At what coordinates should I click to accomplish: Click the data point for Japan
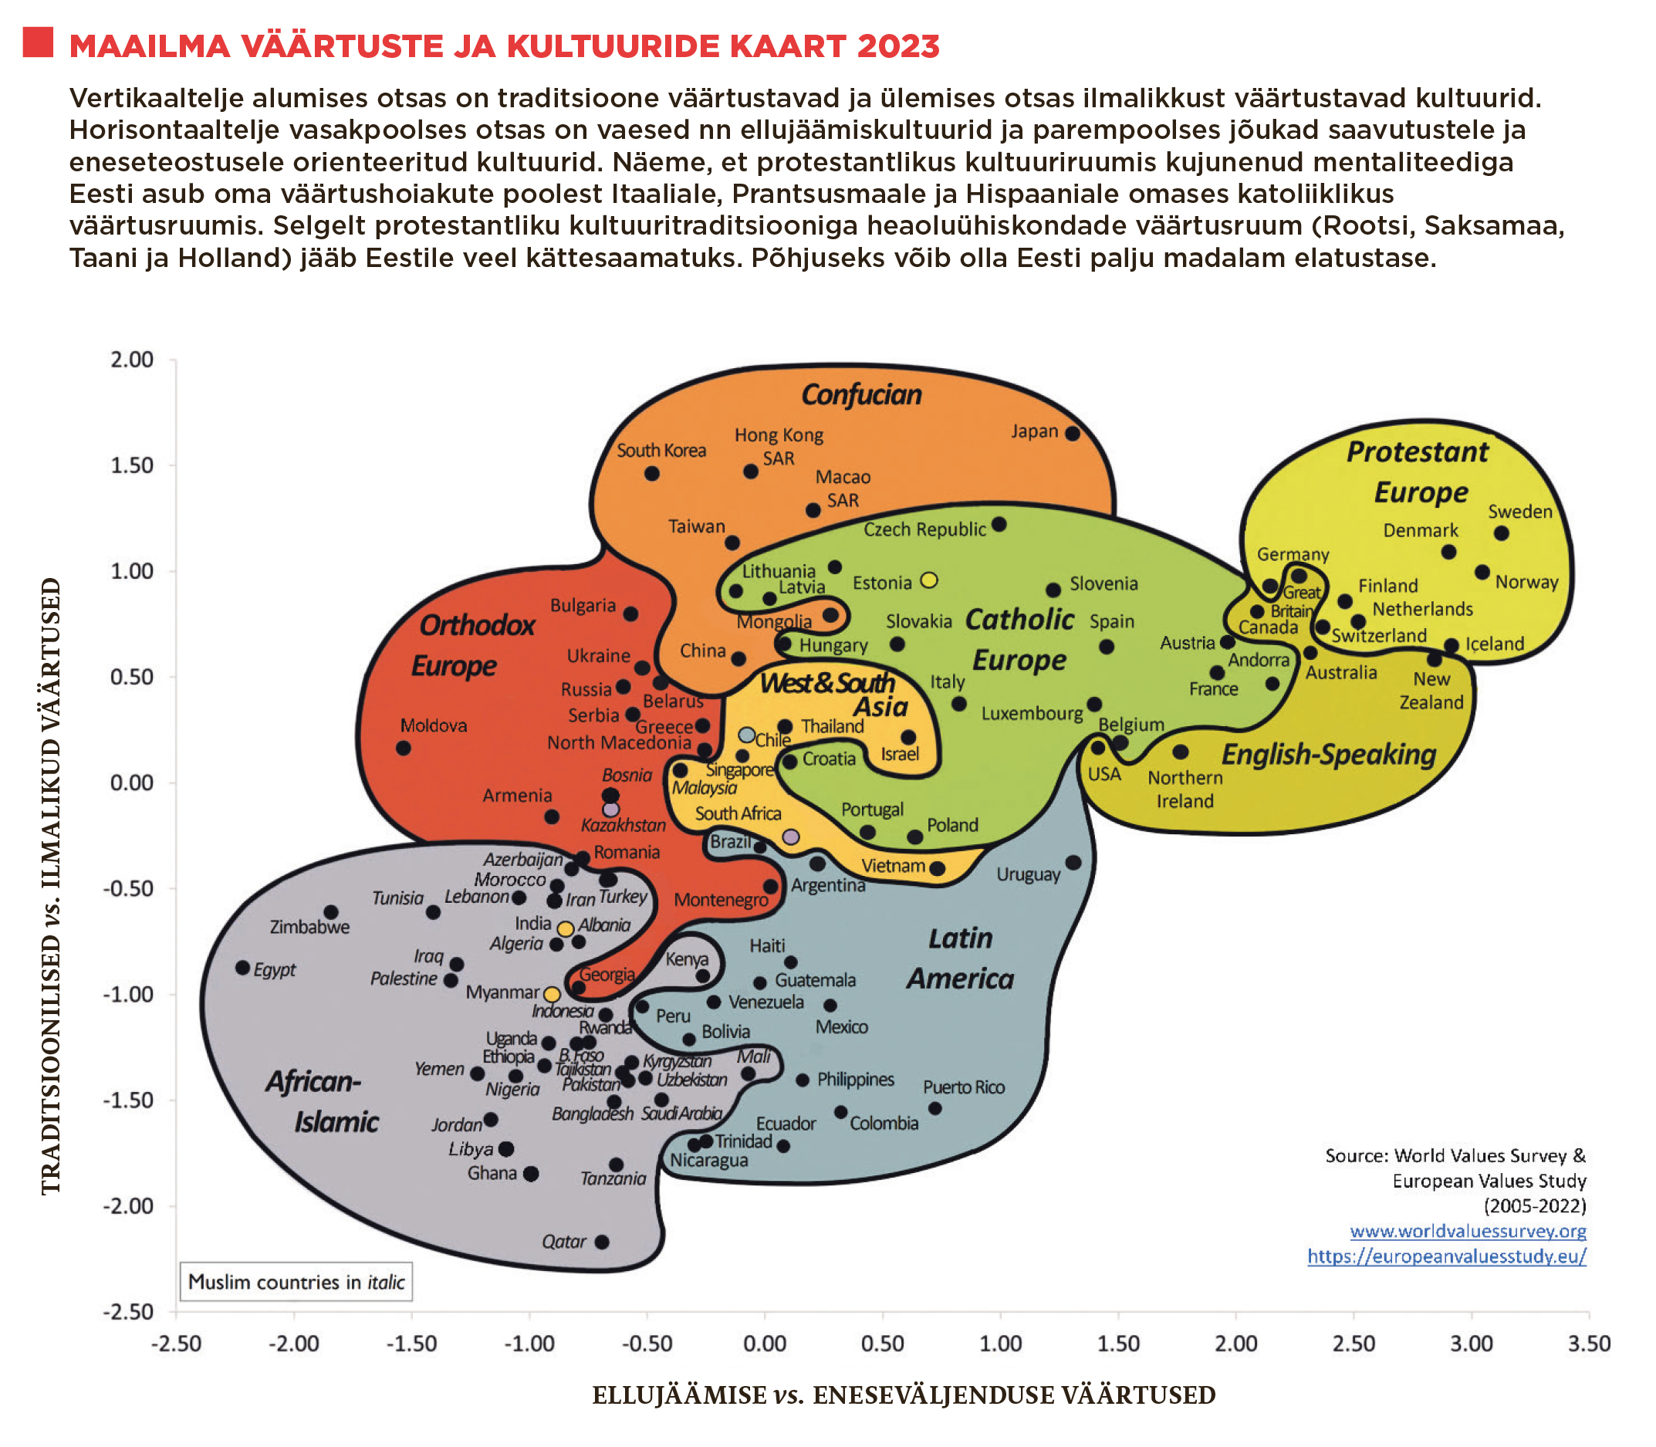[x=1073, y=434]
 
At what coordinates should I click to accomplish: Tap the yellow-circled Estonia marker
[x=929, y=580]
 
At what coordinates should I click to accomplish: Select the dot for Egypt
[x=242, y=967]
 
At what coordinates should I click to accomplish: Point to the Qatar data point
[x=602, y=1241]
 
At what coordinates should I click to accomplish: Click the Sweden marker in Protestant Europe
[x=1501, y=533]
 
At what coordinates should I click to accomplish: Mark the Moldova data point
[x=403, y=748]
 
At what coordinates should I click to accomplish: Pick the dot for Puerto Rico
[x=935, y=1109]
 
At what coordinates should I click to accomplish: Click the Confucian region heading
[x=860, y=395]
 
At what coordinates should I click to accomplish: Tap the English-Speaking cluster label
[x=1328, y=754]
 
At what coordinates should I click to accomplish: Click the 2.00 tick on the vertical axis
[x=132, y=360]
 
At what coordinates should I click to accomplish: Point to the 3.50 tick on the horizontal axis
[x=1589, y=1344]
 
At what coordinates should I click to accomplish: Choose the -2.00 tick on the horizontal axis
[x=294, y=1344]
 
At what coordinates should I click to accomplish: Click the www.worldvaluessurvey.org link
[x=1467, y=1232]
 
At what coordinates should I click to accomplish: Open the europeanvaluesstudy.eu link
[x=1446, y=1256]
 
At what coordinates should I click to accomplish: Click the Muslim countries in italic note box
[x=296, y=1283]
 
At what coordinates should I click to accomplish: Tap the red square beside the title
[x=38, y=42]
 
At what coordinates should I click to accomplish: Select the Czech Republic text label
[x=924, y=529]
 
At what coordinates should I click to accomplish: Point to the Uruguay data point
[x=1073, y=862]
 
